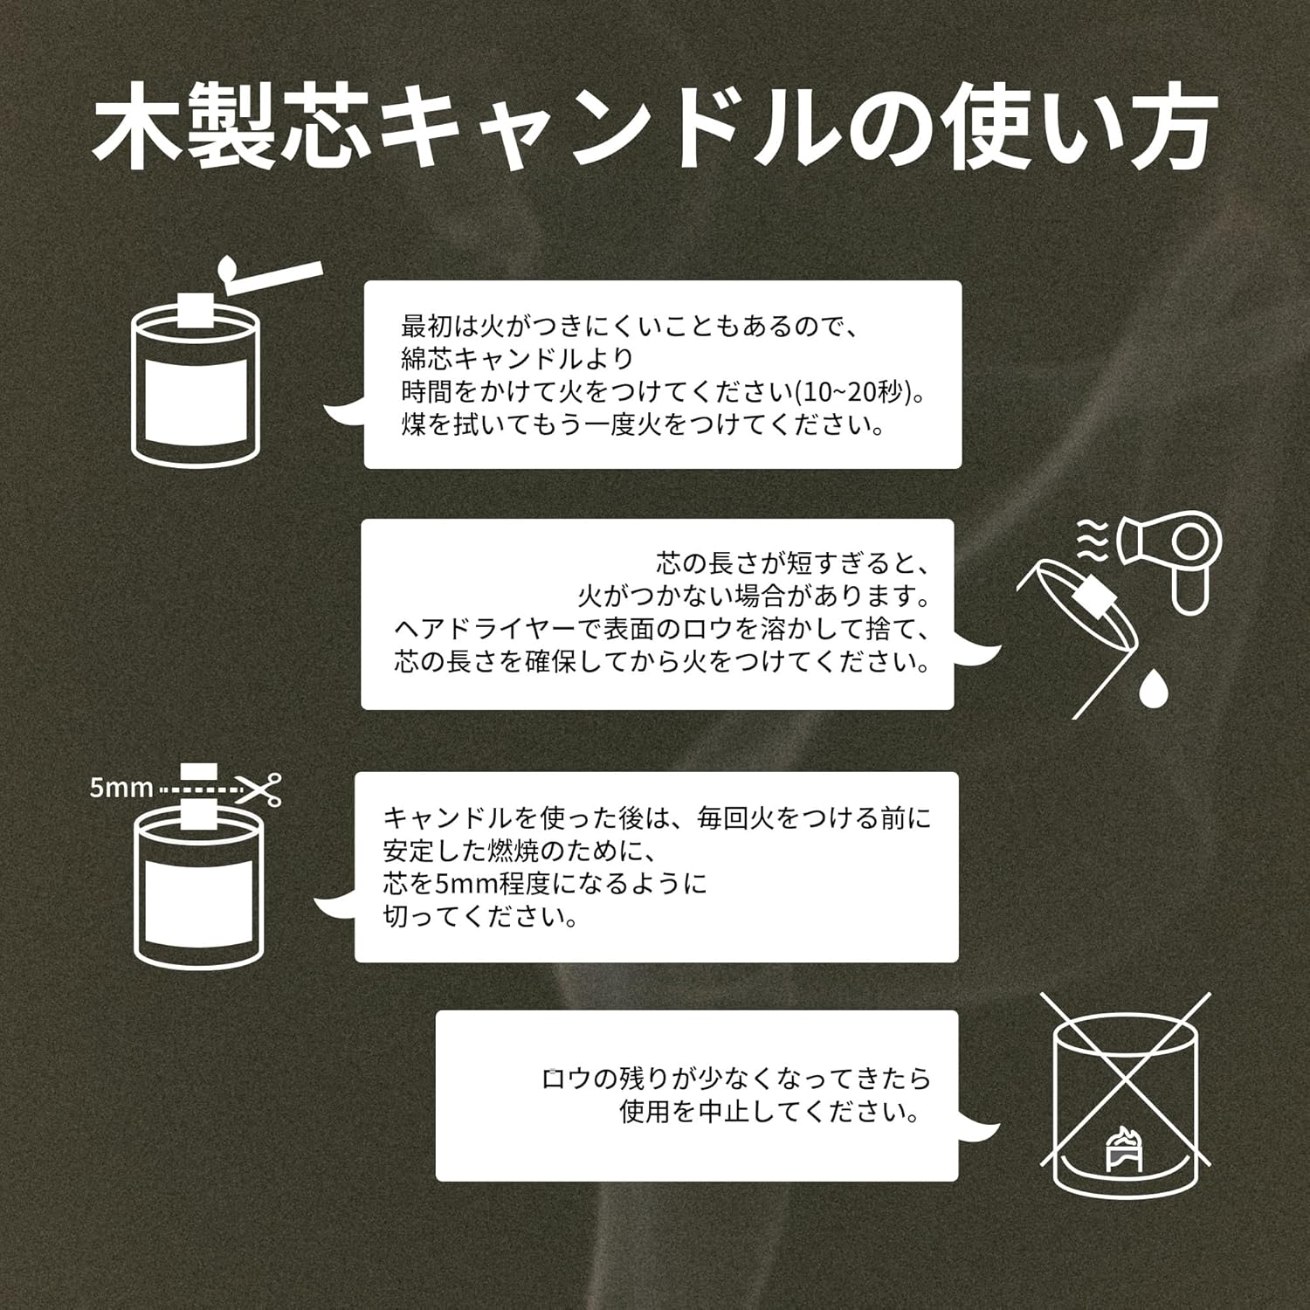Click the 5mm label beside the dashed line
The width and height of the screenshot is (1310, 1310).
pyautogui.click(x=121, y=788)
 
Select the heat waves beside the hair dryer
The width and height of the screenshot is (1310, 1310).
pyautogui.click(x=1092, y=541)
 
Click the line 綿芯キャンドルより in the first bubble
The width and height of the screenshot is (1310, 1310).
pyautogui.click(x=517, y=359)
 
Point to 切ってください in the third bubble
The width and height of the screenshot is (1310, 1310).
pyautogui.click(x=480, y=917)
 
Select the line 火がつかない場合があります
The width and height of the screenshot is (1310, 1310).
pyautogui.click(x=753, y=596)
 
